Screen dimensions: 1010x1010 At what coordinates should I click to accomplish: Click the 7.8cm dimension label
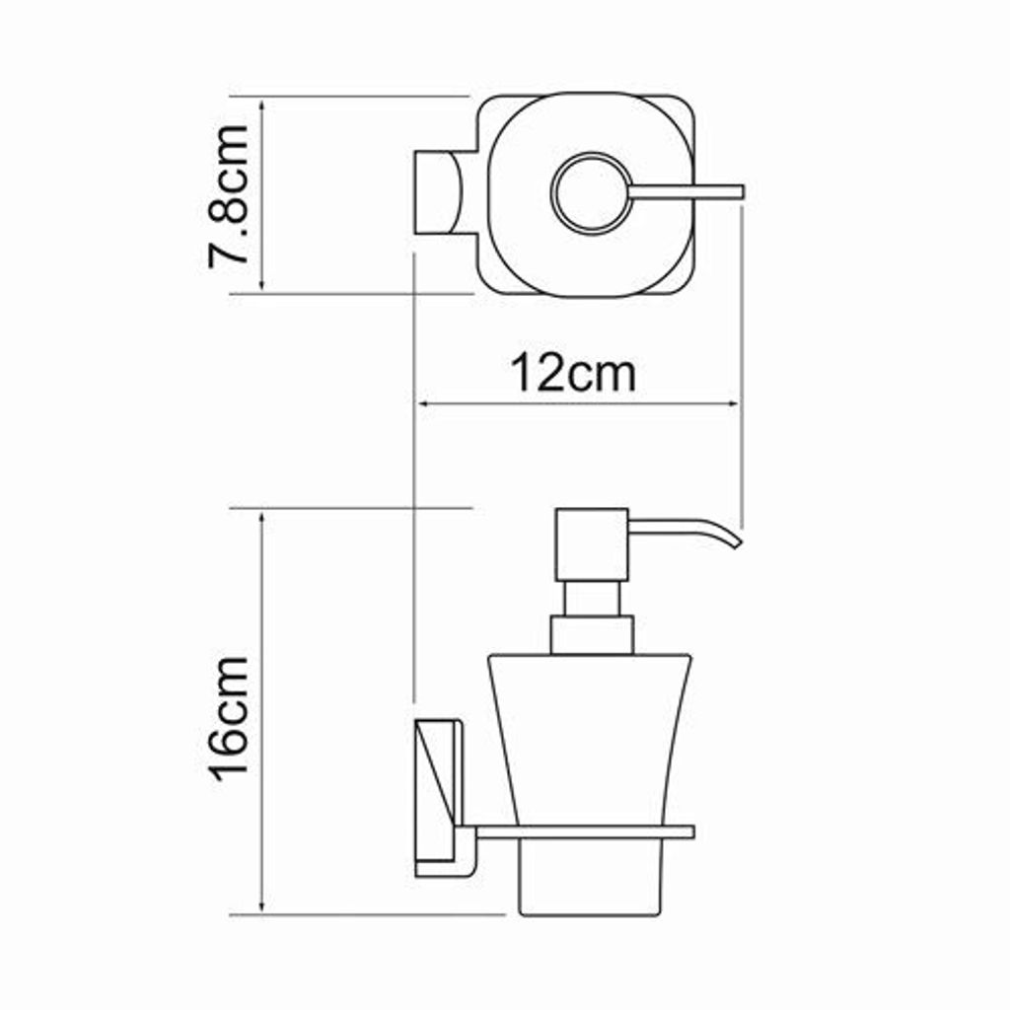[229, 196]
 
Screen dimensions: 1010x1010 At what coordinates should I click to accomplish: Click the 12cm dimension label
[573, 374]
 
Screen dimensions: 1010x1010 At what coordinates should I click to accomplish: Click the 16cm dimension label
[229, 719]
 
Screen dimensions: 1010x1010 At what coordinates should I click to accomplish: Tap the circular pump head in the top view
[591, 192]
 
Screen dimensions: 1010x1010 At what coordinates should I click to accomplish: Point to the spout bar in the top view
[686, 192]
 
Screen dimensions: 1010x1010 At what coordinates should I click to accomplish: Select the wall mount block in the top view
[438, 192]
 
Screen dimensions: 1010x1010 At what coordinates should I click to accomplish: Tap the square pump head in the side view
[592, 544]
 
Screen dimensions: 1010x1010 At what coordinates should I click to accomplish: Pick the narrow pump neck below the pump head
[592, 599]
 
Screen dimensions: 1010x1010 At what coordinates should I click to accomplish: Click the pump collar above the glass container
[592, 635]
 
